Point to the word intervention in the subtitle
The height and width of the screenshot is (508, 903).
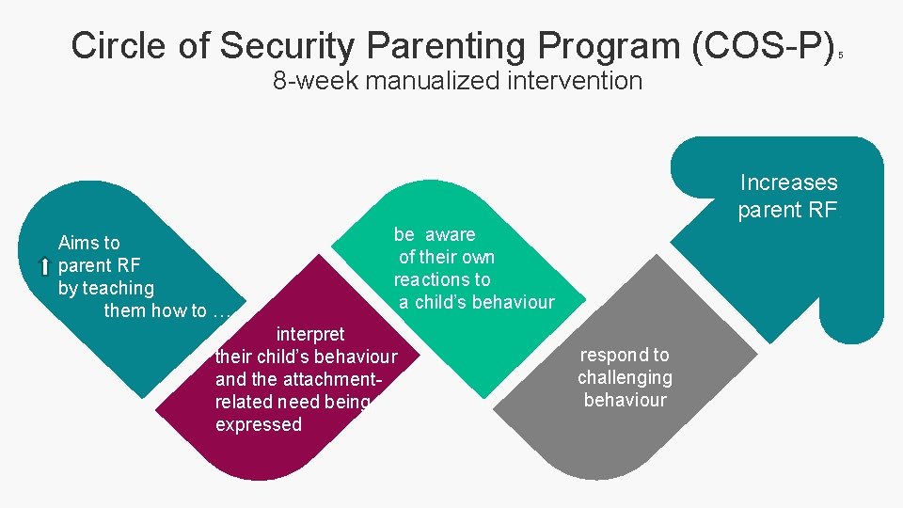579,81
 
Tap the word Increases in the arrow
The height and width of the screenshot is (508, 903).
788,183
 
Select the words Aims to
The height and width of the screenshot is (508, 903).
89,243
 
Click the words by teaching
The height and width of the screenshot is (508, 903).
105,288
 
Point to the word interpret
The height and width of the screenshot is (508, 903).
309,334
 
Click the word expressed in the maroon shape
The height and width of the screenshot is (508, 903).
259,424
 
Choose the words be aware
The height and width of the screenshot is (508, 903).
435,234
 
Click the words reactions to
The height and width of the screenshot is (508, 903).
442,279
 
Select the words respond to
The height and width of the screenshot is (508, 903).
625,355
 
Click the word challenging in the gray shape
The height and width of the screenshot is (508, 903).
625,377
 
